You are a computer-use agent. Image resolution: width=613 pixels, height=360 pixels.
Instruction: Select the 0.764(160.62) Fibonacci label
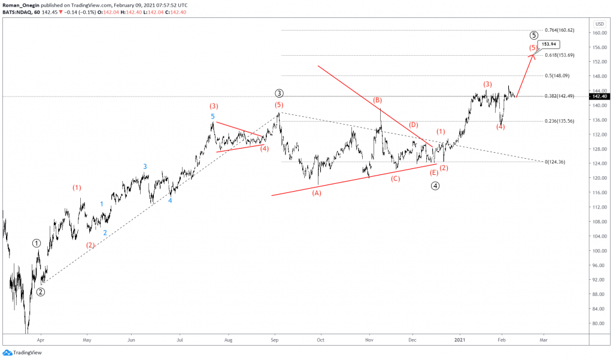point(560,30)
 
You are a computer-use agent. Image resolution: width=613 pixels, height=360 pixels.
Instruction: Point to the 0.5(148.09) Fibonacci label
point(557,76)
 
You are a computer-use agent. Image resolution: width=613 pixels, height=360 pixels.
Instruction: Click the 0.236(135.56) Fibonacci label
point(559,121)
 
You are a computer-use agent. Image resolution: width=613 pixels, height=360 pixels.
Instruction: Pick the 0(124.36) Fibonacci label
point(556,162)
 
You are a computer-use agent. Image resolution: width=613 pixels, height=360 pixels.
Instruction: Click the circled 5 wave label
point(533,35)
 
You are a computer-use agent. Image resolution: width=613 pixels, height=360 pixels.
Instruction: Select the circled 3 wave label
point(279,93)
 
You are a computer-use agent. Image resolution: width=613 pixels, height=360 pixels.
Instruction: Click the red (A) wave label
point(316,193)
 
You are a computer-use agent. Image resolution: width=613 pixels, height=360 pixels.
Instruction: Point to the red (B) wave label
point(378,99)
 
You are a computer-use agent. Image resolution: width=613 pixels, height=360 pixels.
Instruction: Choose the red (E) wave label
point(434,173)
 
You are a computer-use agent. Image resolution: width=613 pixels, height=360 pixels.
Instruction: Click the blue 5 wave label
point(213,116)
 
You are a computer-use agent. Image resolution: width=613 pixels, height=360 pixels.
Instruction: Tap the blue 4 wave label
point(170,200)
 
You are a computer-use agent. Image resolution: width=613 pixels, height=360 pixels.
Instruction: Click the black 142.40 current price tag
point(599,96)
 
